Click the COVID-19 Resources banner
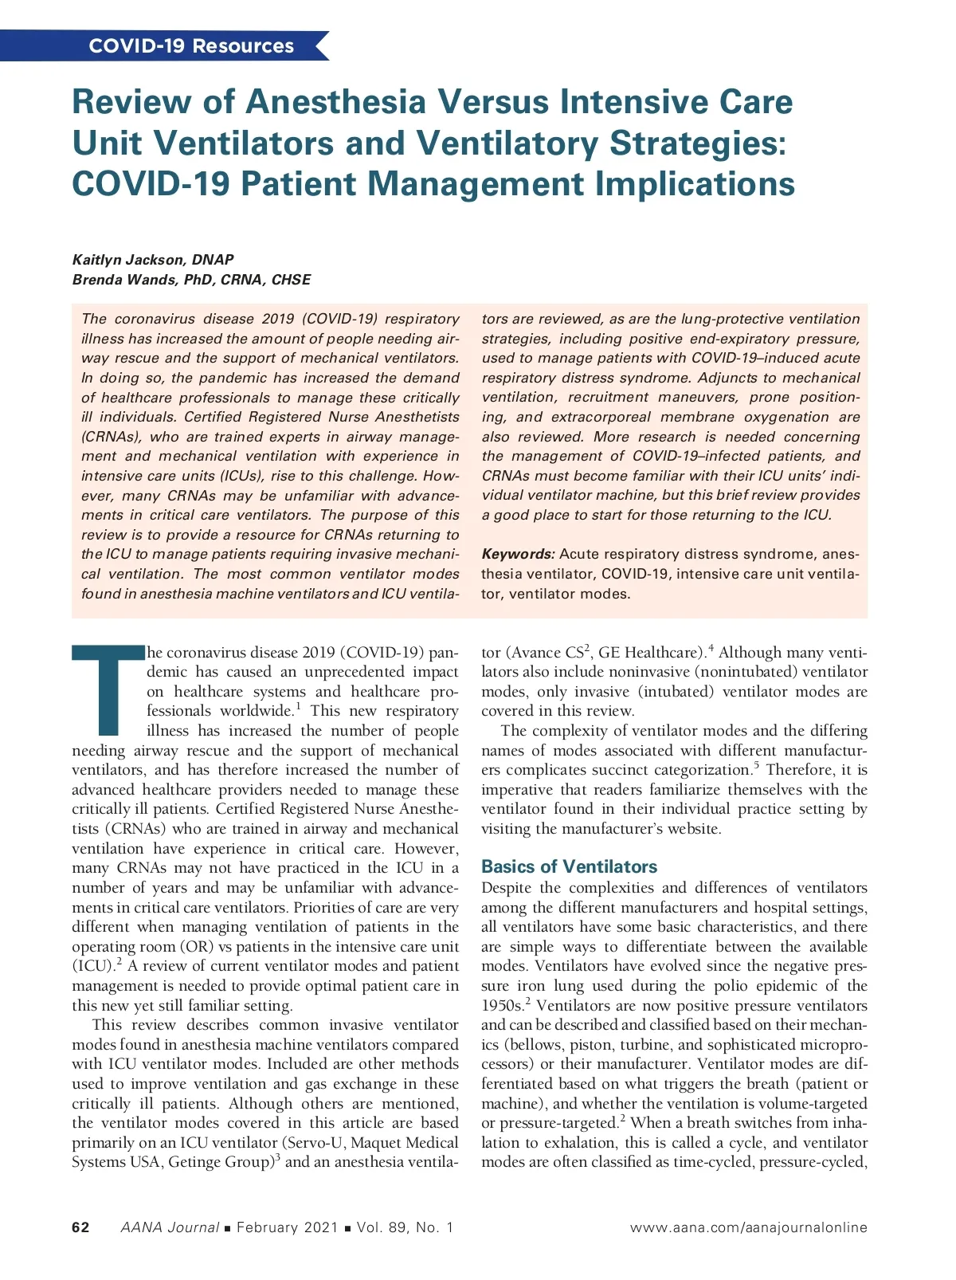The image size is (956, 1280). pyautogui.click(x=191, y=46)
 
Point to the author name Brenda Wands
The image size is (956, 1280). pyautogui.click(x=119, y=280)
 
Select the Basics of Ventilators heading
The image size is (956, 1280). pyautogui.click(x=569, y=866)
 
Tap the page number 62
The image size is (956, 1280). pyautogui.click(x=80, y=1227)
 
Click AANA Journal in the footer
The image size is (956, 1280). pyautogui.click(x=170, y=1227)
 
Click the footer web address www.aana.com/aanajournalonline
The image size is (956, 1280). pyautogui.click(x=748, y=1227)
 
